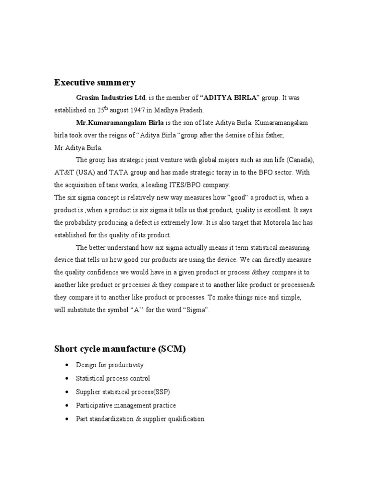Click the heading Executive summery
click(x=94, y=83)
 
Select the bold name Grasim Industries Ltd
click(x=111, y=98)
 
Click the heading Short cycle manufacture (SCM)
click(x=120, y=349)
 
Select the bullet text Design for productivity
click(x=110, y=365)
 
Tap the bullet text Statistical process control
click(x=113, y=378)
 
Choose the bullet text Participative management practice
click(x=126, y=406)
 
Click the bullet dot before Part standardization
click(x=65, y=419)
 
